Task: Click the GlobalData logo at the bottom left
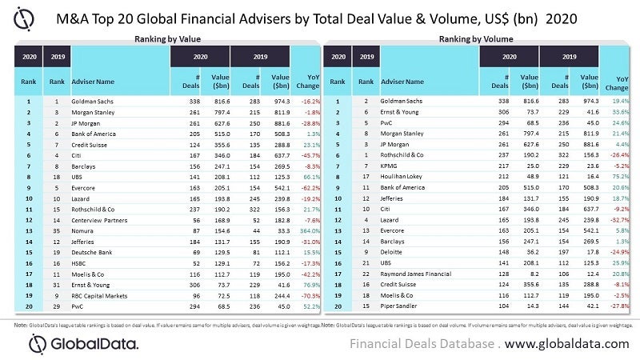pos(84,342)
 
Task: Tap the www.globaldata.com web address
pos(567,343)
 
